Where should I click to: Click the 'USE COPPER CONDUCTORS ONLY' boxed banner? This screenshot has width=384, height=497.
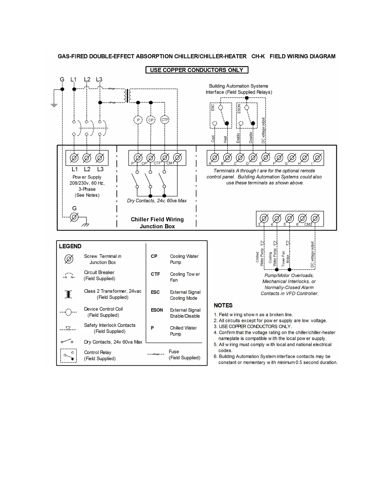tap(197, 70)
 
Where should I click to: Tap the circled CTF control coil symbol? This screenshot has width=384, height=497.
tap(164, 120)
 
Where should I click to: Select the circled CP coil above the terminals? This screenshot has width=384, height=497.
tap(151, 120)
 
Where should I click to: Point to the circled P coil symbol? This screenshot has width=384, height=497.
tap(138, 120)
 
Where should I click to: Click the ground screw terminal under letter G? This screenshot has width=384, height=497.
tap(74, 217)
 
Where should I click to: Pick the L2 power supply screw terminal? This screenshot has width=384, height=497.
tap(87, 158)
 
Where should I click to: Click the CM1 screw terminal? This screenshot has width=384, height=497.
tap(178, 158)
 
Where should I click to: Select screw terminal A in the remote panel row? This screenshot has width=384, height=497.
tap(215, 158)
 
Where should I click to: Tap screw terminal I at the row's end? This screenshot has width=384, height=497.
tap(317, 158)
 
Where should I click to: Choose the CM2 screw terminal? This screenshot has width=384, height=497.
tap(315, 218)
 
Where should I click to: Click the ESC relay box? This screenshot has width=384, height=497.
tap(221, 115)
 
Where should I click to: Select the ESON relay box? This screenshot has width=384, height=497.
tap(247, 115)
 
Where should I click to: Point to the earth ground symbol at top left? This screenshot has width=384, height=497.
tap(54, 105)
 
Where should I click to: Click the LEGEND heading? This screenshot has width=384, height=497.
tap(70, 246)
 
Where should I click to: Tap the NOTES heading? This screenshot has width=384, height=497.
tap(223, 305)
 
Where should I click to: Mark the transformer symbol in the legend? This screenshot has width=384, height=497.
tap(68, 294)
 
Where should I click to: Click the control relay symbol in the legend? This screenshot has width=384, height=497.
tap(68, 356)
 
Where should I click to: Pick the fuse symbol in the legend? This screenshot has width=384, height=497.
tap(156, 354)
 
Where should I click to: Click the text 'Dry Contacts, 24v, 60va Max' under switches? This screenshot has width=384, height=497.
tap(157, 201)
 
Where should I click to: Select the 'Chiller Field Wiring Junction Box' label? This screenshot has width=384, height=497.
tap(157, 223)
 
